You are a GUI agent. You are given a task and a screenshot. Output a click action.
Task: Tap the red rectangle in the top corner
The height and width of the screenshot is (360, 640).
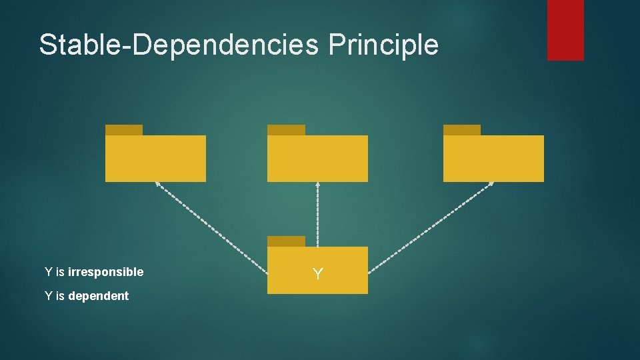click(565, 30)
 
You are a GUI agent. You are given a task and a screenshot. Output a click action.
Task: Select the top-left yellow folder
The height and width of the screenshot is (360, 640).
click(155, 158)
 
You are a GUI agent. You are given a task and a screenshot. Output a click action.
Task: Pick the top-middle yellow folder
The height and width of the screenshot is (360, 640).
click(317, 158)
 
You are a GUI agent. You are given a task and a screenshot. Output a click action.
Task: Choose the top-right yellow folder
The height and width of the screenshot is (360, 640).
click(493, 158)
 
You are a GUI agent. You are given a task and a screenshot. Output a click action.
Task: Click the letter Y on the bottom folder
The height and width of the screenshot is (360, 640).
click(318, 273)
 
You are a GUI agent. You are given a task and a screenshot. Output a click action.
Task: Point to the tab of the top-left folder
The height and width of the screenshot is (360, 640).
click(124, 130)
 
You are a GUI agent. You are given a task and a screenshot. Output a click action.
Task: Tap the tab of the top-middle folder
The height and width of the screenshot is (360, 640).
click(286, 130)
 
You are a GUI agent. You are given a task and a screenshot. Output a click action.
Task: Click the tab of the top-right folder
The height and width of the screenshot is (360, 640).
click(462, 130)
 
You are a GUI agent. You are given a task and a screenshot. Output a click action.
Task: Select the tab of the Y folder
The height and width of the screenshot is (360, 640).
click(286, 241)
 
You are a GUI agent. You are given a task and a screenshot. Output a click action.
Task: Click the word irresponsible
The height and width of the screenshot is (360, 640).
click(105, 272)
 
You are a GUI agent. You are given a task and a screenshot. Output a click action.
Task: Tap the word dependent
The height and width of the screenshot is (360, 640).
click(98, 296)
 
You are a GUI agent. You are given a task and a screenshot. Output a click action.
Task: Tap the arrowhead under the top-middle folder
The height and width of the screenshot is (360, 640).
click(317, 185)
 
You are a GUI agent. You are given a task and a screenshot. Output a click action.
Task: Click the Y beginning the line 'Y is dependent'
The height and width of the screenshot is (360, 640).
click(48, 296)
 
